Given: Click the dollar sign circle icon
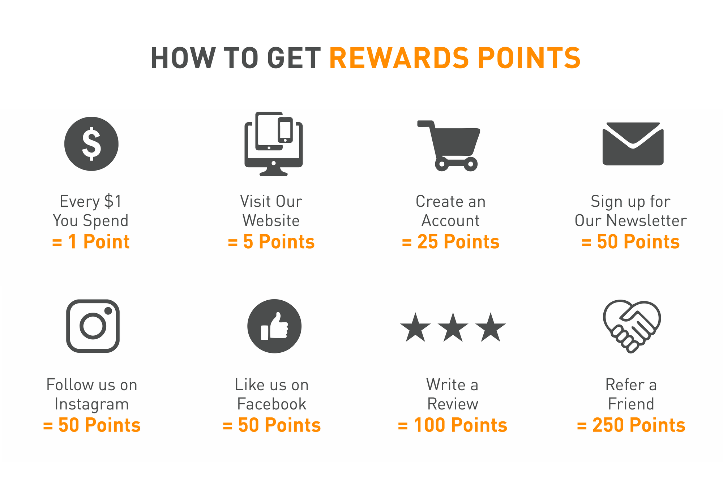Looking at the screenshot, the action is pyautogui.click(x=91, y=143).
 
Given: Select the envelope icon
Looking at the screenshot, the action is pyautogui.click(x=633, y=144).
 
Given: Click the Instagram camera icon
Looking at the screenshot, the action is pyautogui.click(x=93, y=326).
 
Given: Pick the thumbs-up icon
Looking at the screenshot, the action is pyautogui.click(x=274, y=326).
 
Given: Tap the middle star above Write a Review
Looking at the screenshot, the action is pyautogui.click(x=453, y=327).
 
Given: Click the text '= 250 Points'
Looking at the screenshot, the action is pyautogui.click(x=631, y=425).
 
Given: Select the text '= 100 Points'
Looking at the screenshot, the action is pyautogui.click(x=452, y=425).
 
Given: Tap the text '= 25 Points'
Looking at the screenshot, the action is pyautogui.click(x=450, y=242).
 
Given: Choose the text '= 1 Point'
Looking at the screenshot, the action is pyautogui.click(x=91, y=242).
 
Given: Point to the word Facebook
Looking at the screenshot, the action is pyautogui.click(x=271, y=404).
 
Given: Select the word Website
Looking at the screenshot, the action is pyautogui.click(x=271, y=220).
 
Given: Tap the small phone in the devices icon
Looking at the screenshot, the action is pyautogui.click(x=285, y=130).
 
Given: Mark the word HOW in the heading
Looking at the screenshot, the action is pyautogui.click(x=181, y=58).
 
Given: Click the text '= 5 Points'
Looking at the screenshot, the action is pyautogui.click(x=271, y=242).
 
